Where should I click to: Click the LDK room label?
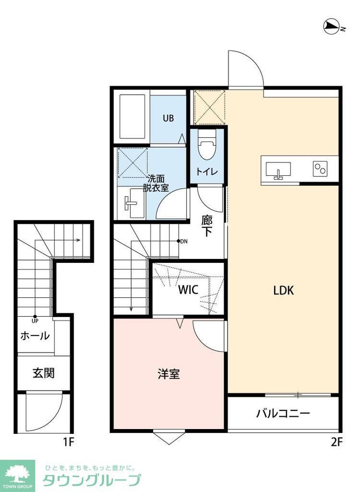pos(283,290)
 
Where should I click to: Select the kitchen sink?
pos(277,171)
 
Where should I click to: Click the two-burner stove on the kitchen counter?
pos(320,169)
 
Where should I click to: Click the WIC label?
pos(189,290)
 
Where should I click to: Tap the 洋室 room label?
pos(169,374)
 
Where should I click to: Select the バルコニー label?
pos(283,413)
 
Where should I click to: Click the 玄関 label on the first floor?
pos(43,373)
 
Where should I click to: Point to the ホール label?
pos(35,336)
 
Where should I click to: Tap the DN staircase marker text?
pos(183,241)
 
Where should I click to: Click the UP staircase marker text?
pos(35,320)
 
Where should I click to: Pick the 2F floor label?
pos(336,442)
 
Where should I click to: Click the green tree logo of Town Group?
pos(17,473)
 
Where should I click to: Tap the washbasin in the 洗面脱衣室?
pos(131,203)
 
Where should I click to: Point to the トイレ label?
pos(206,171)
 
